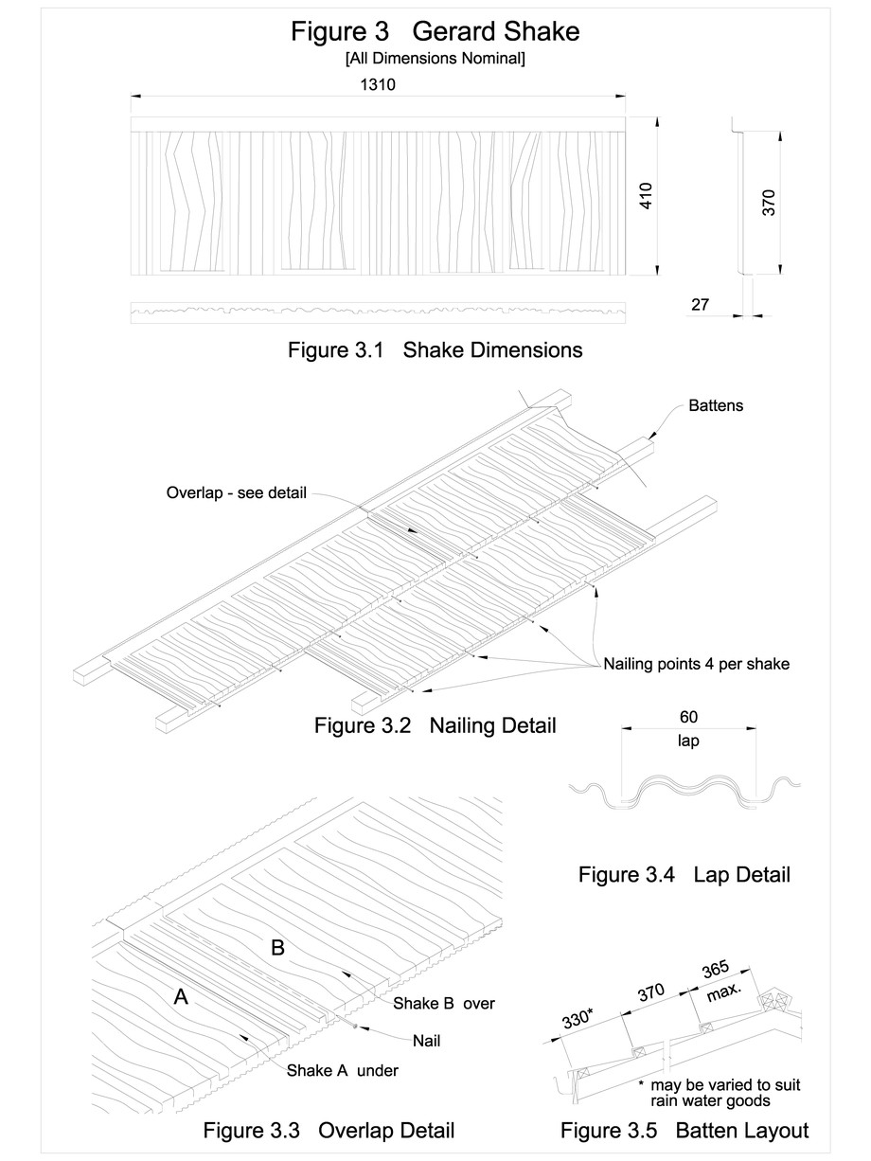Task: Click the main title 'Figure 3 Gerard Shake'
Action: point(435,32)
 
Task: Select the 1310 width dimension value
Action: point(377,84)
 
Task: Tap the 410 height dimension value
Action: point(646,196)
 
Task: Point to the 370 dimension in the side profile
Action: point(769,203)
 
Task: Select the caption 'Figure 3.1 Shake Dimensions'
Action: point(435,350)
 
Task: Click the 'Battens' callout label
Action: point(716,405)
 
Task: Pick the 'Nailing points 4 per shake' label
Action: point(696,664)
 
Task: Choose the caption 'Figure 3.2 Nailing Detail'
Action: point(435,726)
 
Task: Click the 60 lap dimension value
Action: point(688,718)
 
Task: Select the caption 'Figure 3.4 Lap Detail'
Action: point(684,875)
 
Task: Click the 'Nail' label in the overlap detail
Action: point(426,1040)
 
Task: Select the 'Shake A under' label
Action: point(342,1070)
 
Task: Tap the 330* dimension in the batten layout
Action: point(575,1020)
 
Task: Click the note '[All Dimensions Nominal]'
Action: point(435,59)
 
